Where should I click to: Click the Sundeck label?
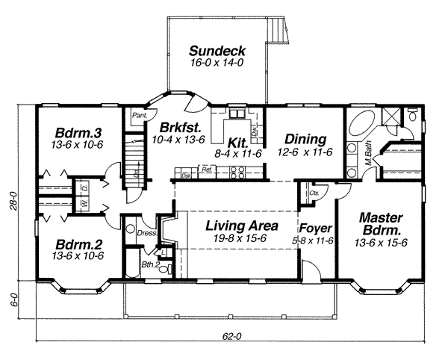click(x=217, y=52)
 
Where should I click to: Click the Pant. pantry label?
click(x=138, y=116)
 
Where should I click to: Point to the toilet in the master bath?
click(x=412, y=117)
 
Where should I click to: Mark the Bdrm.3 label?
click(x=78, y=134)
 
